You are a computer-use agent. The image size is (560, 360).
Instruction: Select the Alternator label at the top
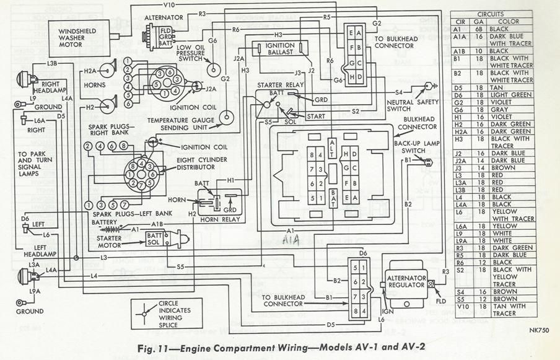[162, 19]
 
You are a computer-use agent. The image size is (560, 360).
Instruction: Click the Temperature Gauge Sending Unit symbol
[227, 116]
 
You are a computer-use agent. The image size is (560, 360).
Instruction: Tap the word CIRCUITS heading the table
[490, 14]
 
